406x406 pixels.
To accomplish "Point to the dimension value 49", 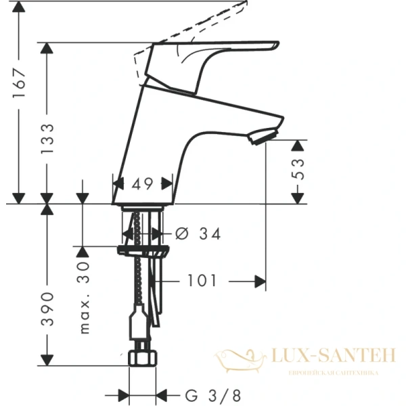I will point(142,183).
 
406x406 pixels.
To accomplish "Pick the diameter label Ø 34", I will point(198,234).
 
